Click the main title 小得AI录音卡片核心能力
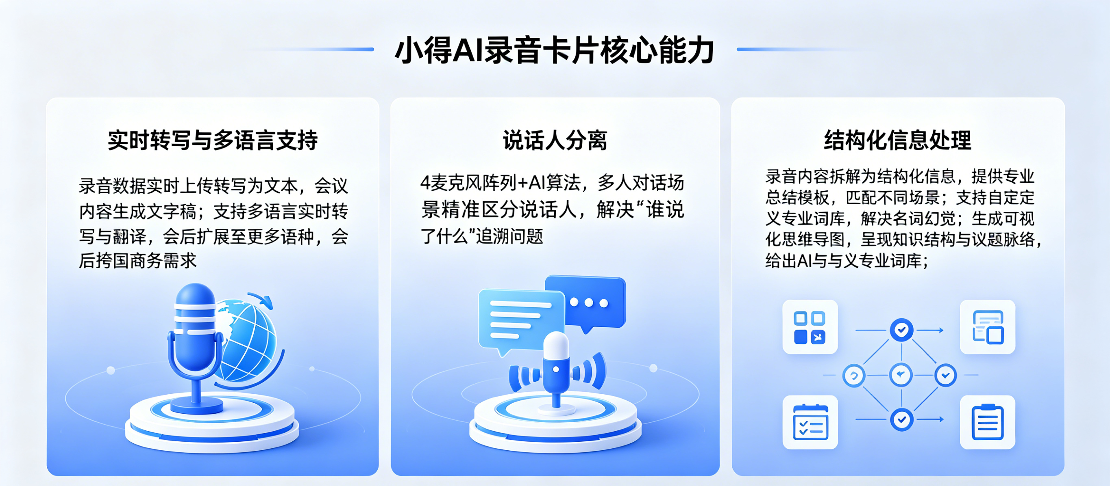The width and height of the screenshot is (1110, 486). (x=555, y=51)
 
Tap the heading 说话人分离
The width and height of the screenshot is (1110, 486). (x=555, y=140)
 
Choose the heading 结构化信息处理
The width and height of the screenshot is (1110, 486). (x=898, y=140)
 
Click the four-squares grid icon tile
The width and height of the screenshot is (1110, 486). (x=810, y=327)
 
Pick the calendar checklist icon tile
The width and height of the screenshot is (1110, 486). (x=810, y=422)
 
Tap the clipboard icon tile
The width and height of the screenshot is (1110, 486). (x=988, y=422)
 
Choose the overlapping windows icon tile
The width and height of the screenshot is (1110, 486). (x=988, y=327)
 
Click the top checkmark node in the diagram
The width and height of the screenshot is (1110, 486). (x=901, y=330)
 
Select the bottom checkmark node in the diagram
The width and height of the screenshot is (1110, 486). (x=901, y=419)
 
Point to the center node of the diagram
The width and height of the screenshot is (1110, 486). (x=901, y=375)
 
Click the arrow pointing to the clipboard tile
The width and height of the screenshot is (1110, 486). (x=931, y=419)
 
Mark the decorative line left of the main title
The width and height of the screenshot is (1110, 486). (x=315, y=50)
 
